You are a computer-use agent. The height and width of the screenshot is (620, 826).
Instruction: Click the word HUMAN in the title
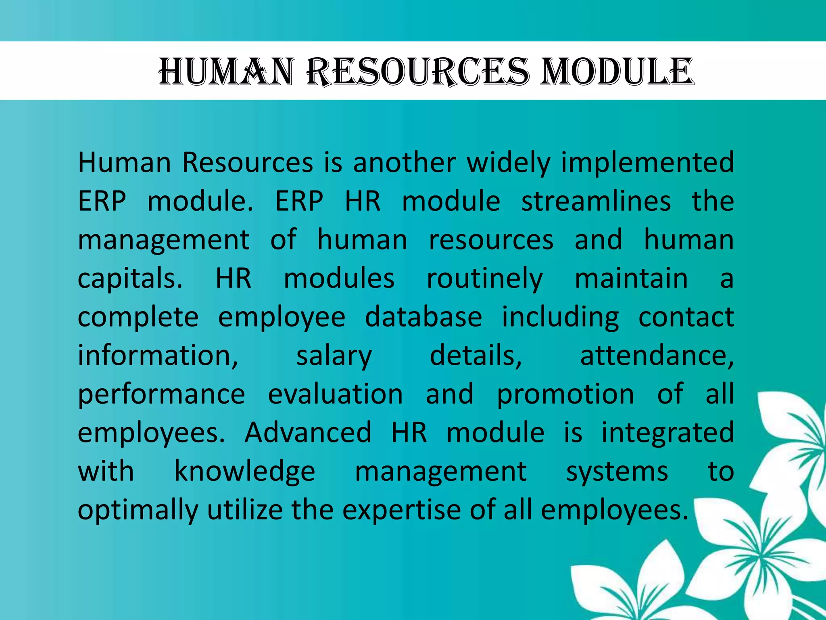(226, 72)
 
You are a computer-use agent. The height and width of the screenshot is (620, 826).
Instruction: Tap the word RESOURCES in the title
(417, 72)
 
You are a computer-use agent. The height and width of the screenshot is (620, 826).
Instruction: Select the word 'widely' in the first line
(509, 163)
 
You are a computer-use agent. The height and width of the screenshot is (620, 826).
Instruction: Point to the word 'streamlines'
(596, 201)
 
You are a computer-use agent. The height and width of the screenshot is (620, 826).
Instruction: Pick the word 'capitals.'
(130, 279)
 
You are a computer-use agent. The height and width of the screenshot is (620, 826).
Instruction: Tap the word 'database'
(423, 317)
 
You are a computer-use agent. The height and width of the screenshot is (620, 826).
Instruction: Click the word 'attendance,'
(657, 356)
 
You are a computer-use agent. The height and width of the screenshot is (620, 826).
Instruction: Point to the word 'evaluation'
(335, 394)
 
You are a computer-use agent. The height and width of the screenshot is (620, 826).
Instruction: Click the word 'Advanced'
(308, 433)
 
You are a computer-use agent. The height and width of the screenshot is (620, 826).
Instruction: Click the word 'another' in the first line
(405, 163)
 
